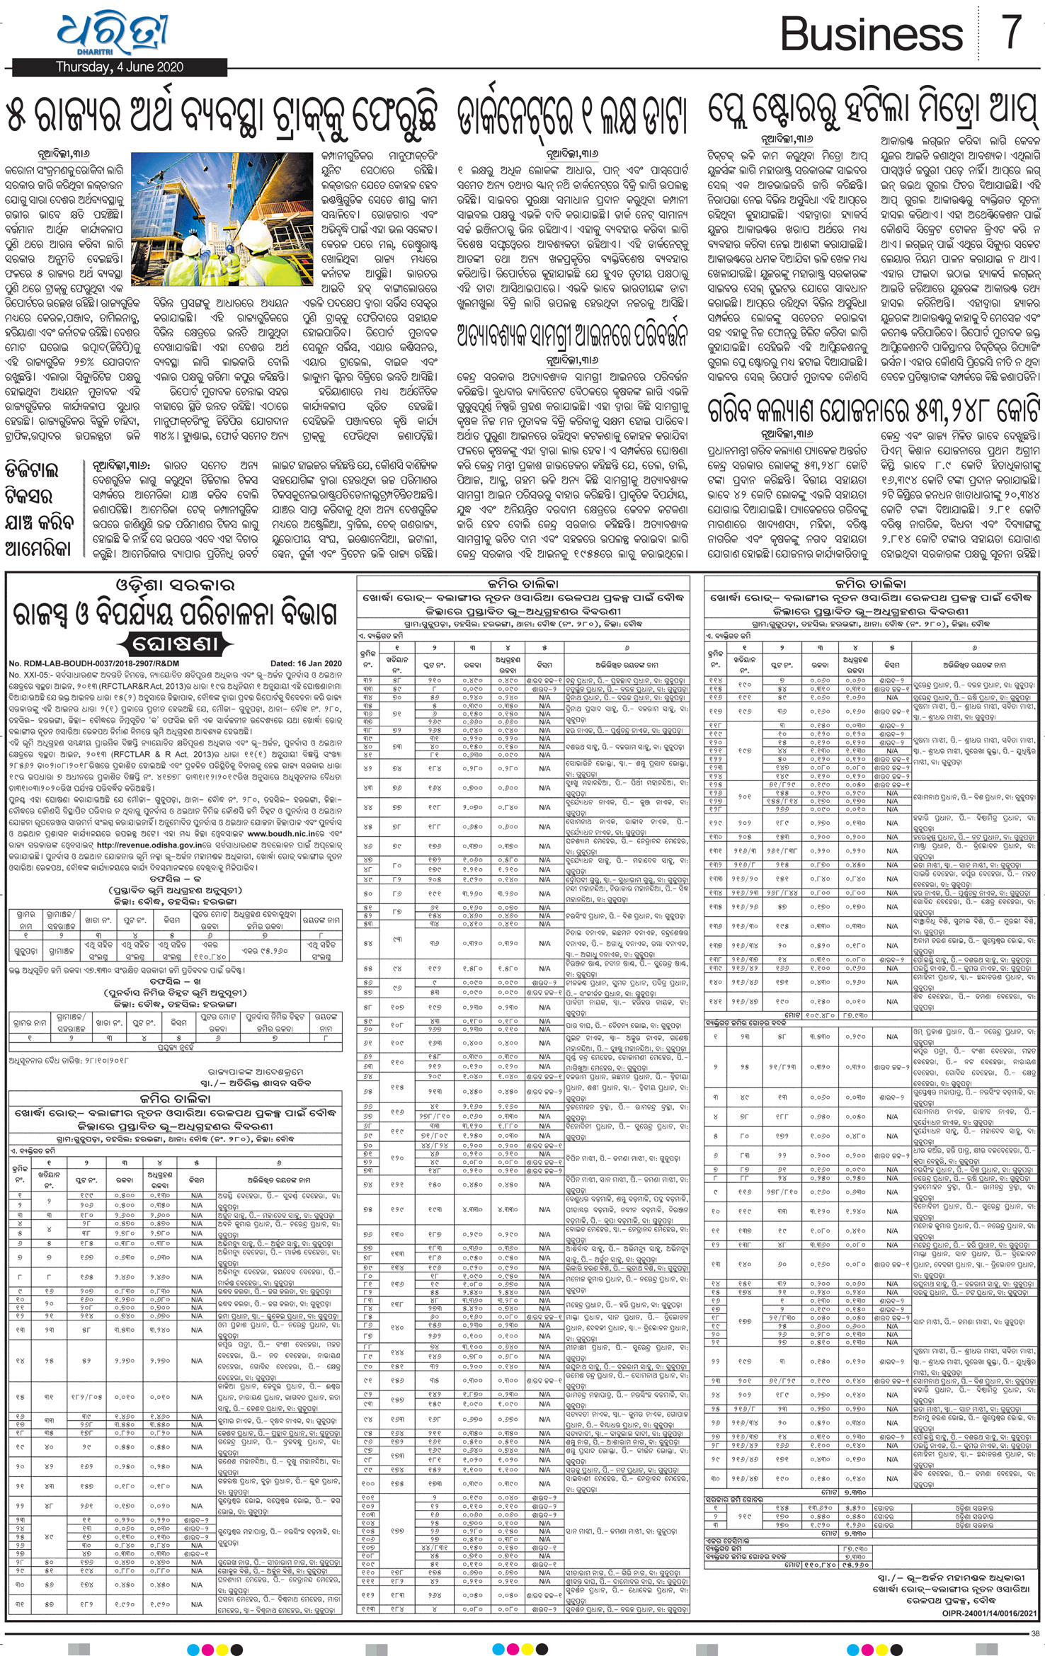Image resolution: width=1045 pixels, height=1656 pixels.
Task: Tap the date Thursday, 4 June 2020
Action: click(x=120, y=67)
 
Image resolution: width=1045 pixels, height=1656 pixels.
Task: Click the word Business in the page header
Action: click(x=872, y=33)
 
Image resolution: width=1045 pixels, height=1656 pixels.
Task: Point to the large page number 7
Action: click(x=1012, y=32)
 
